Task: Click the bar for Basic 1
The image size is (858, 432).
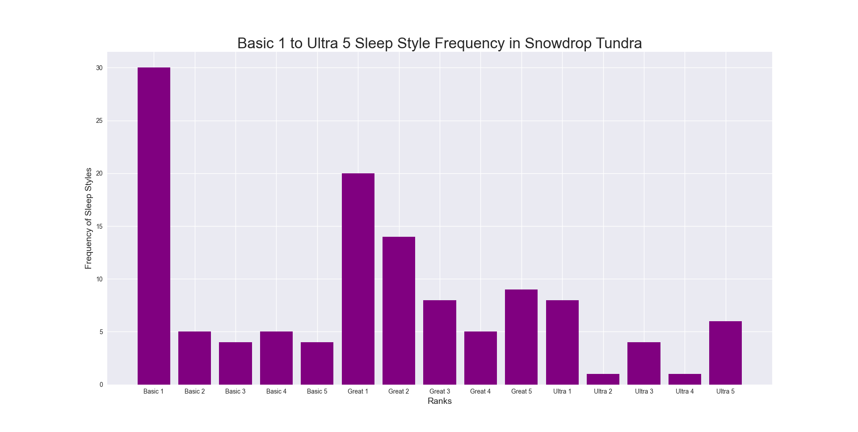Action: click(154, 226)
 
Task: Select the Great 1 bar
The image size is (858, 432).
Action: click(358, 279)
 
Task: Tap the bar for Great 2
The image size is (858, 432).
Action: click(399, 310)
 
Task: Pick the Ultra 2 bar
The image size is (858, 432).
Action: click(603, 379)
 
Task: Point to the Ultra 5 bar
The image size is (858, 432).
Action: click(725, 352)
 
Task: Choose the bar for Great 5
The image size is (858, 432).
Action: click(521, 337)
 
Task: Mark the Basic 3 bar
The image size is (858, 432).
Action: click(236, 363)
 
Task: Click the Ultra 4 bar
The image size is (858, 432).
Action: click(685, 379)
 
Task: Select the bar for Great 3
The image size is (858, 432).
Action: click(440, 342)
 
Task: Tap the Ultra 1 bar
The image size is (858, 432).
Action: click(562, 342)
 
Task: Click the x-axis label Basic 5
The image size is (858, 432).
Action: click(317, 391)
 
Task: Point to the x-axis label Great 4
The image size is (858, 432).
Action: click(480, 391)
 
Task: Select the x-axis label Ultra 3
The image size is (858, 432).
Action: click(644, 391)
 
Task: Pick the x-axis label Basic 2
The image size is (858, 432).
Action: click(194, 391)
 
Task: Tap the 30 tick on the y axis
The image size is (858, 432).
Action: click(99, 68)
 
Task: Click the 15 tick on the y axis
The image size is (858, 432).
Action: click(99, 226)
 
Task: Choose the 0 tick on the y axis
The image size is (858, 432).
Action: click(101, 385)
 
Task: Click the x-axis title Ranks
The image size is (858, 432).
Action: click(440, 401)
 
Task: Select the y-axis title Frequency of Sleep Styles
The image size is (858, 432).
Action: click(88, 218)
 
